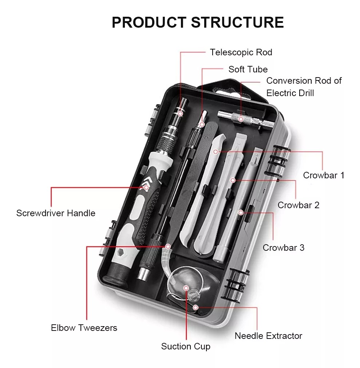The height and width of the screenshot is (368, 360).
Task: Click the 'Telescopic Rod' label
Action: click(241, 52)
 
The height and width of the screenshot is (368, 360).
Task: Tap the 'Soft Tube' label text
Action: click(248, 69)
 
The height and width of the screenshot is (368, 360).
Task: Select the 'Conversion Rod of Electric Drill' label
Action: click(304, 87)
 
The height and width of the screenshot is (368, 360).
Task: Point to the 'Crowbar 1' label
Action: click(323, 175)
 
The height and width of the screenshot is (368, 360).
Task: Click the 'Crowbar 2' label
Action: click(298, 205)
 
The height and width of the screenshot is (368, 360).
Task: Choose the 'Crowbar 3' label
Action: click(283, 248)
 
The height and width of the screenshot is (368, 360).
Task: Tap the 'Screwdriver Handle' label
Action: click(56, 213)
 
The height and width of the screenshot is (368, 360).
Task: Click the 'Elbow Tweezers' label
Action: click(84, 328)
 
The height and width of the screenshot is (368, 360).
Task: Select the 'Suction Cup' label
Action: click(186, 347)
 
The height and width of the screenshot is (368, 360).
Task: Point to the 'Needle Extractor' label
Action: click(268, 336)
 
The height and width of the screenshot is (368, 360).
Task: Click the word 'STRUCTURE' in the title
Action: click(237, 22)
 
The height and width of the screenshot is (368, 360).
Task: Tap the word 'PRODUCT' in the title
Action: click(149, 22)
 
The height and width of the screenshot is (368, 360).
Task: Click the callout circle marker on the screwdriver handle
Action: click(146, 188)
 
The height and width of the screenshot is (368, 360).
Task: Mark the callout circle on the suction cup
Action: click(186, 288)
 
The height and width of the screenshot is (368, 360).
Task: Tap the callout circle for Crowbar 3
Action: click(241, 212)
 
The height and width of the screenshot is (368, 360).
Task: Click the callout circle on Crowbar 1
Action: click(215, 151)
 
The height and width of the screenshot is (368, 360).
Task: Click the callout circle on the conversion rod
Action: click(241, 118)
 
